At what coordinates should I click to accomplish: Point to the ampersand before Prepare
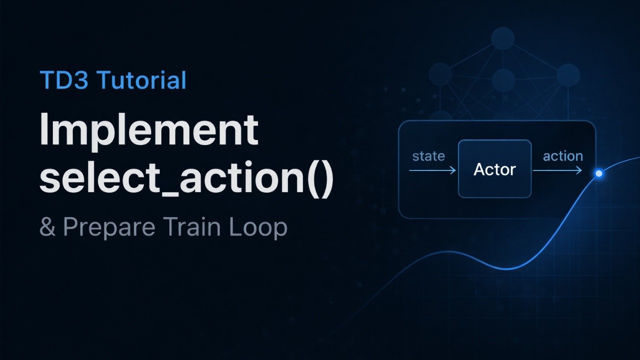click(47, 227)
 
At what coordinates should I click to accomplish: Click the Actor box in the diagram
click(494, 169)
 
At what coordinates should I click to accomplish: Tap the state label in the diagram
click(428, 156)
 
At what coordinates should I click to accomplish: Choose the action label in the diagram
click(562, 156)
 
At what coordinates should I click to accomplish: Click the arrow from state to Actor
click(432, 171)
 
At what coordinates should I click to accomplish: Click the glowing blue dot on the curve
click(598, 173)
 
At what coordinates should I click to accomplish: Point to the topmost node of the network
click(503, 38)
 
